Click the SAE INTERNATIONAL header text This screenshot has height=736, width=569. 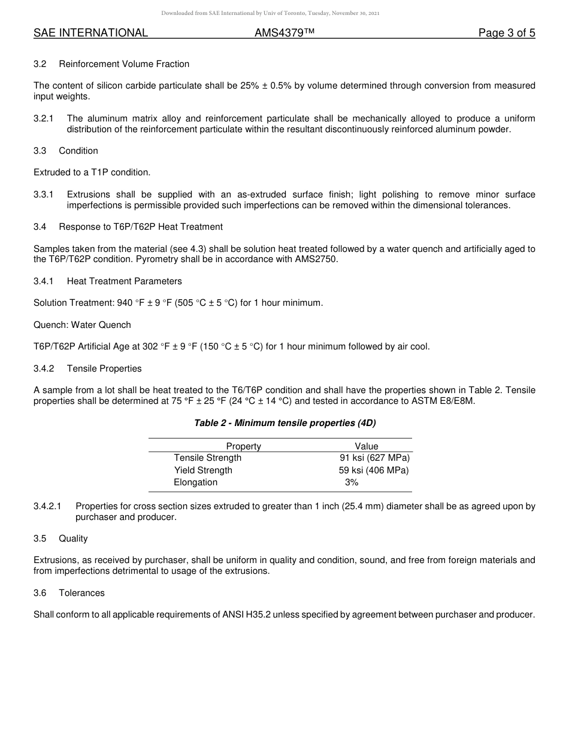[x=90, y=34]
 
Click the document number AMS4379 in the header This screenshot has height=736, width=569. [x=284, y=34]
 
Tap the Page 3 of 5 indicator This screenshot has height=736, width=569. [x=506, y=34]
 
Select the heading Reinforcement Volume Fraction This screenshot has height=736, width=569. [x=124, y=64]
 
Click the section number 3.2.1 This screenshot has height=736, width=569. [x=44, y=118]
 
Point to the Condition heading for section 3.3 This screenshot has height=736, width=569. [x=78, y=151]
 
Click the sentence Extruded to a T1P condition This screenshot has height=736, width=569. [x=92, y=172]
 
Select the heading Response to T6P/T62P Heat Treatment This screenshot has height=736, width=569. [x=141, y=227]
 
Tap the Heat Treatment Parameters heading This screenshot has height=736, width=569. [x=125, y=281]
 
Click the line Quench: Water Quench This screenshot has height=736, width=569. [x=82, y=325]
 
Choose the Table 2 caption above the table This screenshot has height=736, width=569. [x=284, y=423]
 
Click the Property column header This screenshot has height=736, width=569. [x=243, y=446]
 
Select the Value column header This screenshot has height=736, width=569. [x=367, y=446]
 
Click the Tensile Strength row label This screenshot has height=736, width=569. [x=208, y=458]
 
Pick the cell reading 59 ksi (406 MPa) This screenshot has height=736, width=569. [x=374, y=470]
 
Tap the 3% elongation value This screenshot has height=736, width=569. [x=352, y=482]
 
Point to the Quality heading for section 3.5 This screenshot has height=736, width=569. [x=73, y=539]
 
